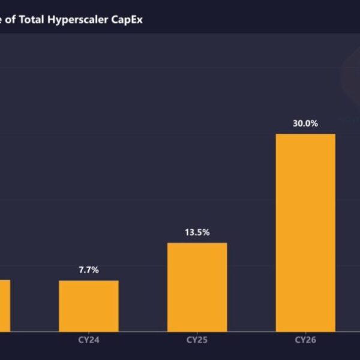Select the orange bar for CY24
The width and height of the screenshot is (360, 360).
coord(89,306)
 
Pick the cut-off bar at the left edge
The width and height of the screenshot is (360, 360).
coord(5,306)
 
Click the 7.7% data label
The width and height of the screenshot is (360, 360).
coord(89,270)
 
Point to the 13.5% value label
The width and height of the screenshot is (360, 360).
coord(197,232)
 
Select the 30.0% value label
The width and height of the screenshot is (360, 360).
coord(305,124)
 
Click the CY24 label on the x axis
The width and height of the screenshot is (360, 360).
coord(89,340)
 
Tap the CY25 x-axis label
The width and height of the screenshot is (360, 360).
coord(197,340)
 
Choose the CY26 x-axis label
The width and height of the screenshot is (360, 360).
coord(305,340)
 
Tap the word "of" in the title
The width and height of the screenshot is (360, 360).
coord(11,19)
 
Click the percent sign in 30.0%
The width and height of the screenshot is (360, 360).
coord(314,124)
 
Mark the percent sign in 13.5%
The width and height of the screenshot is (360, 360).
coord(206,232)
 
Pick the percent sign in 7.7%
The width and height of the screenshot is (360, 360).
coord(95,270)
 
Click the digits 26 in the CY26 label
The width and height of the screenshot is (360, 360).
coord(310,340)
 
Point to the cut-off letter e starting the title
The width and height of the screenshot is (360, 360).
coord(2,19)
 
